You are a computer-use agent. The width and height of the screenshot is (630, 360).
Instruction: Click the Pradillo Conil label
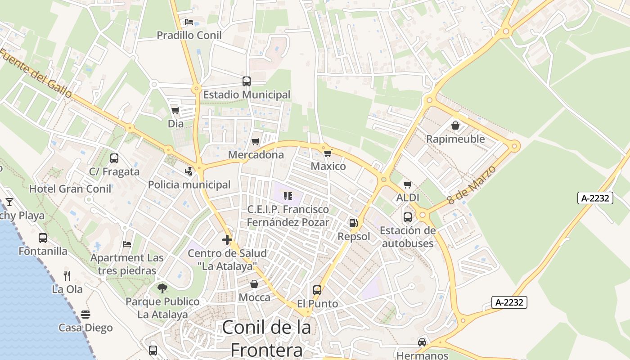[189, 35]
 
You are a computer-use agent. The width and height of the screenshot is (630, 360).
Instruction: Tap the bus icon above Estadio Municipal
[247, 81]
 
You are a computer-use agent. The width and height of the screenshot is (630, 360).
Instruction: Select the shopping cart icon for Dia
[175, 110]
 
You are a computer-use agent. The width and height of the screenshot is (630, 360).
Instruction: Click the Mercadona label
[256, 155]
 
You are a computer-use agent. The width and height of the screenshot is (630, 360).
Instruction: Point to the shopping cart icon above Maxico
[328, 153]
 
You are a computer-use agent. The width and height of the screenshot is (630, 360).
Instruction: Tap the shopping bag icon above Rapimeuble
[455, 126]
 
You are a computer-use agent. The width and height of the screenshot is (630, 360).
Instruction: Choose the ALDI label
[408, 198]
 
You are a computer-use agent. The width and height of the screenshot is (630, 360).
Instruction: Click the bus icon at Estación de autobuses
[408, 217]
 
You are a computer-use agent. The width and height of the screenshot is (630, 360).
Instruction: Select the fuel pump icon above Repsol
[354, 223]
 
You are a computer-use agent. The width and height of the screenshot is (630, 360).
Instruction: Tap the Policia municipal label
[189, 184]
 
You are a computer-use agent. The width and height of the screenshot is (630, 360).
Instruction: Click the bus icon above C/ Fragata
[114, 158]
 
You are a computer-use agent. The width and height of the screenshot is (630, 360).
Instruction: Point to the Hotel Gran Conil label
[70, 189]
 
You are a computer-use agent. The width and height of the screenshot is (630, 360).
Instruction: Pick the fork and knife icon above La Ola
[67, 275]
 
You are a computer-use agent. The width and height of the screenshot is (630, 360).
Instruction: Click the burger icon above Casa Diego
[85, 314]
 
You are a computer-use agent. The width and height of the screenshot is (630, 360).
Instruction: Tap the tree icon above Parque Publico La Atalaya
[162, 288]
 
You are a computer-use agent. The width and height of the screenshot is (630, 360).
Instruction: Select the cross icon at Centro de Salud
[227, 240]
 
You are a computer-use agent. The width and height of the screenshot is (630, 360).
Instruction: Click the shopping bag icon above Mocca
[254, 284]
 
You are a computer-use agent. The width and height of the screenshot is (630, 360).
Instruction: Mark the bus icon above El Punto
[317, 290]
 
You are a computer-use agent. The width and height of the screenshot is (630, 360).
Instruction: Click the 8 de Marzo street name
[472, 184]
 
